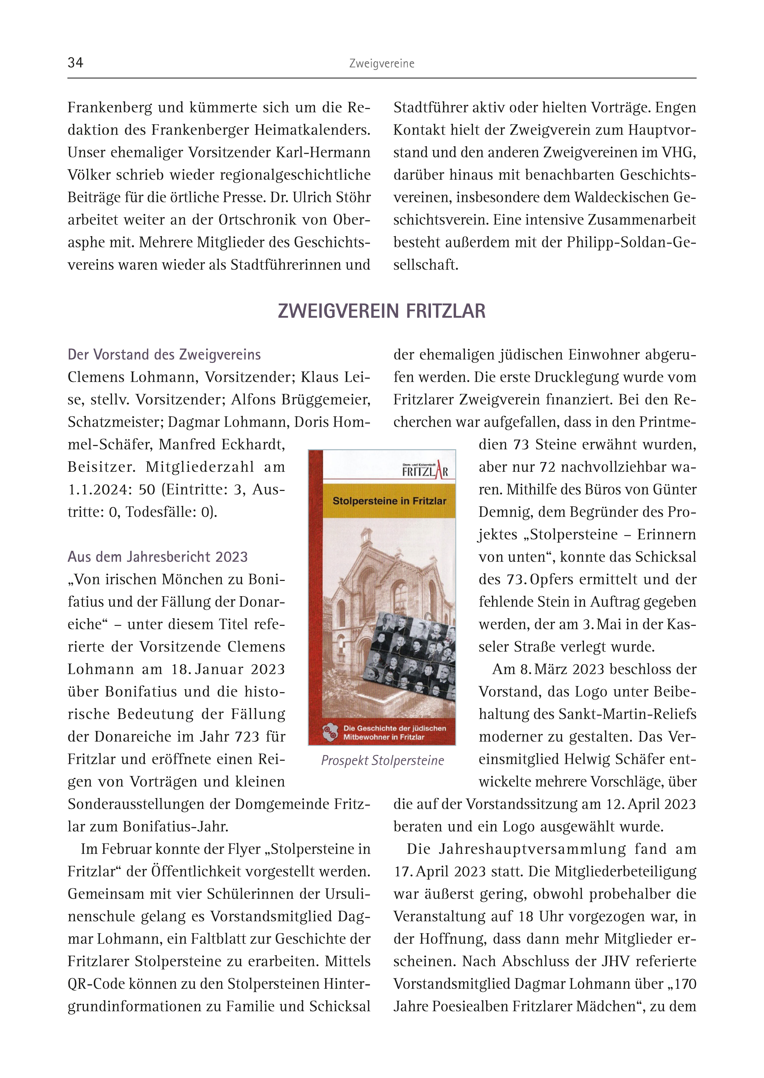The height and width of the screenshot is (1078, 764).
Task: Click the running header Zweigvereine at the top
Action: coord(381,63)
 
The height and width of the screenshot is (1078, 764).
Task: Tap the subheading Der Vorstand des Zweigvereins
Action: coord(164,355)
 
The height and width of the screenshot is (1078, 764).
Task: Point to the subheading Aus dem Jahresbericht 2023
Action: coord(158,557)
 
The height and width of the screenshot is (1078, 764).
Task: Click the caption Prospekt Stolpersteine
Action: coord(382,761)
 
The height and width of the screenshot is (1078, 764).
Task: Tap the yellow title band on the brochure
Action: coord(389,501)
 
